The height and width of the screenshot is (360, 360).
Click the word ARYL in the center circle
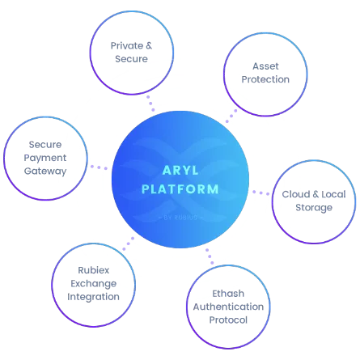[x=180, y=171]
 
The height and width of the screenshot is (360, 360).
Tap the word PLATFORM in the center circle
[x=180, y=189]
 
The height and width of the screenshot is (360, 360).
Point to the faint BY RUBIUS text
[x=180, y=218]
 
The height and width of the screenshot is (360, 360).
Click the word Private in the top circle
[x=127, y=45]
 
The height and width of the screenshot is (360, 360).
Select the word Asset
[x=265, y=66]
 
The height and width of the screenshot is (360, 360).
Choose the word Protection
[x=265, y=79]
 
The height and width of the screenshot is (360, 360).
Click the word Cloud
[x=296, y=194]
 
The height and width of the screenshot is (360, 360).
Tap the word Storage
[x=314, y=208]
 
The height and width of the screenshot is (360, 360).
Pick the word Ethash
[x=228, y=294]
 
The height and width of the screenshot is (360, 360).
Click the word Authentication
[x=228, y=307]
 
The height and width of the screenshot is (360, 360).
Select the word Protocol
[x=228, y=320]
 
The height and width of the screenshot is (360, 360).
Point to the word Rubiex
[x=94, y=270]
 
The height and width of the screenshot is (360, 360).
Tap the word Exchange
[x=94, y=284]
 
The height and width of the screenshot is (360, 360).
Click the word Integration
[x=93, y=297]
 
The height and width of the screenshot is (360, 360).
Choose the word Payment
[x=45, y=158]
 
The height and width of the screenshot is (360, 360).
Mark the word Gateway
[x=45, y=172]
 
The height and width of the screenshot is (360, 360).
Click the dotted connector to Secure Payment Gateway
[x=99, y=167]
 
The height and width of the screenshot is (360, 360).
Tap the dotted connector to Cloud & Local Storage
[x=260, y=193]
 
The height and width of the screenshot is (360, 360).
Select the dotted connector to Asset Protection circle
[x=231, y=116]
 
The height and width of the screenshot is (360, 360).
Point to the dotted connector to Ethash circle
[x=210, y=256]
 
